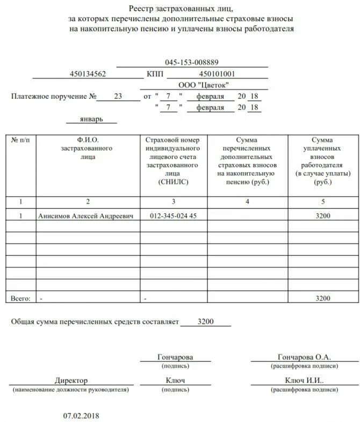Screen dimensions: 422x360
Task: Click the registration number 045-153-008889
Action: pyautogui.click(x=192, y=62)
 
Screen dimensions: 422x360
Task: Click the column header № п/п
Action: pyautogui.click(x=21, y=140)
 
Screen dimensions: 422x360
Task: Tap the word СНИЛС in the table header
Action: pyautogui.click(x=174, y=182)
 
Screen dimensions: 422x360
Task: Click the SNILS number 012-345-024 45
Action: pyautogui.click(x=173, y=216)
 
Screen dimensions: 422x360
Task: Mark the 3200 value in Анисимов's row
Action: pyautogui.click(x=323, y=216)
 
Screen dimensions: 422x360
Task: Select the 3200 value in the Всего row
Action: pyautogui.click(x=323, y=298)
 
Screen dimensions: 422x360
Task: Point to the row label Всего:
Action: pyautogui.click(x=21, y=298)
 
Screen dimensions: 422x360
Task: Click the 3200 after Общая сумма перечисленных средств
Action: pyautogui.click(x=205, y=321)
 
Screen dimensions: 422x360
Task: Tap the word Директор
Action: pyautogui.click(x=71, y=381)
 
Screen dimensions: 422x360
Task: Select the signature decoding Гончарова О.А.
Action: pyautogui.click(x=304, y=357)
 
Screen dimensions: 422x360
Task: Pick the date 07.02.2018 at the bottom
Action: pyautogui.click(x=82, y=416)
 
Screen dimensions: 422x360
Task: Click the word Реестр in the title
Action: pyautogui.click(x=141, y=8)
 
